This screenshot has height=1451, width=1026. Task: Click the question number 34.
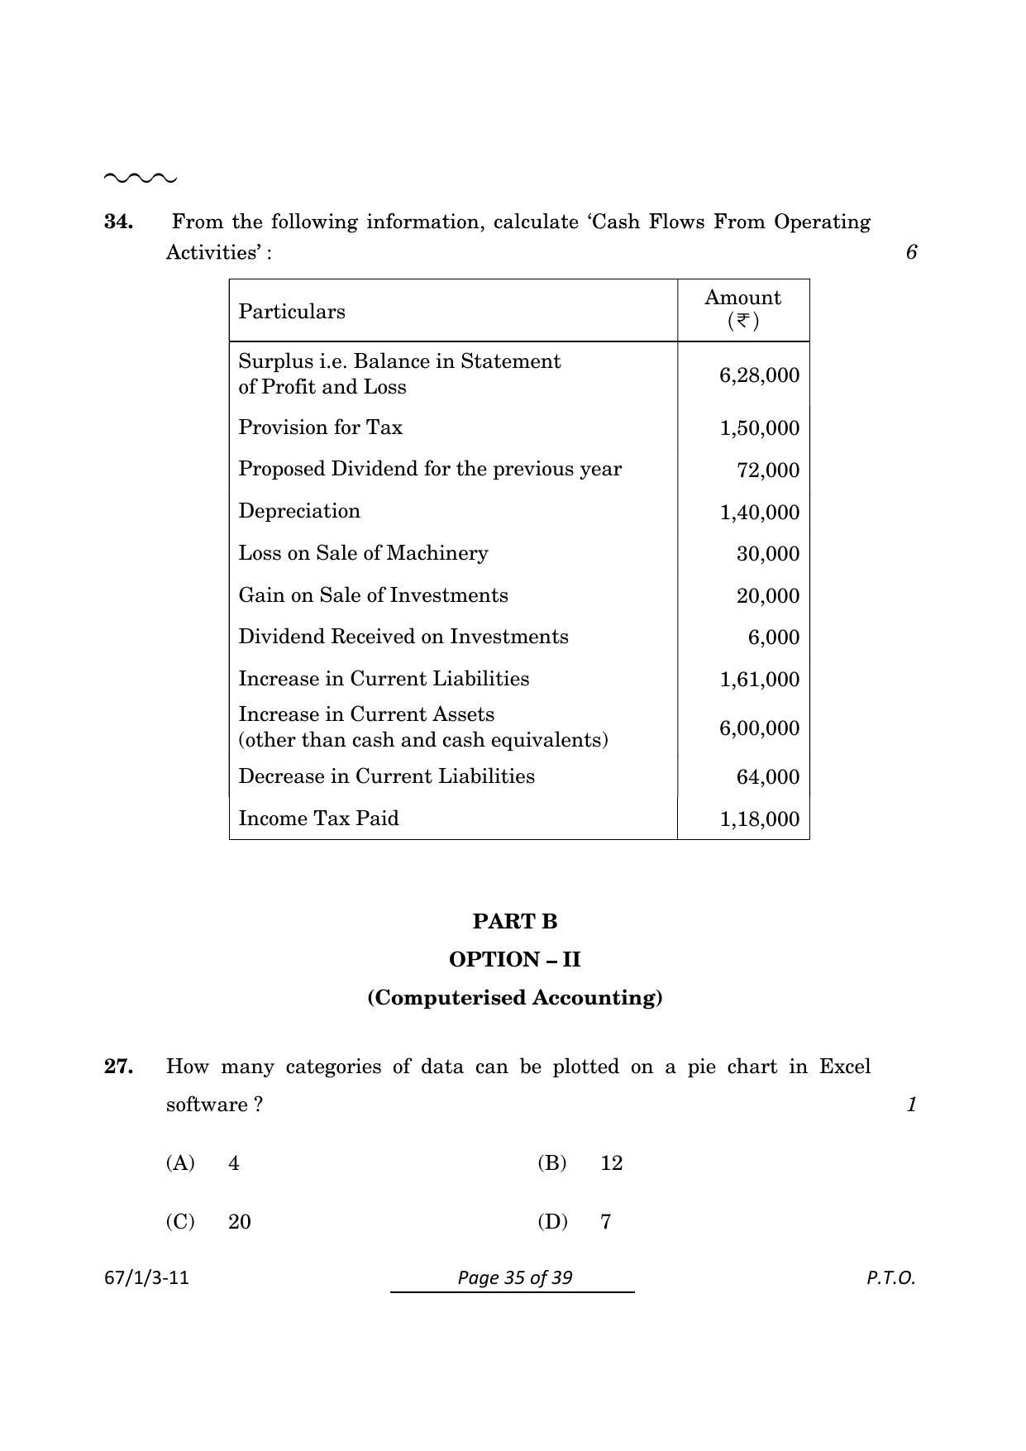point(118,222)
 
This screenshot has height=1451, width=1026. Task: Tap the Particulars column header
point(292,312)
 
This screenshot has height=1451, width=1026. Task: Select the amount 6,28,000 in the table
point(759,375)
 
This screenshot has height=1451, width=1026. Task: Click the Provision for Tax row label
point(320,427)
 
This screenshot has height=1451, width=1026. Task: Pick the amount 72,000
point(768,470)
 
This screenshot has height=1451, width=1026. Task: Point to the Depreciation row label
point(299,511)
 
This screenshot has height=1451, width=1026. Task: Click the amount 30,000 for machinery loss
point(768,554)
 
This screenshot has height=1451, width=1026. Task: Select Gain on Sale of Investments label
point(373,595)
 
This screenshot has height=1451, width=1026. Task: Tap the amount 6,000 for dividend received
point(774,637)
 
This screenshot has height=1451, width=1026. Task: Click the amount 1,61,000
point(759,680)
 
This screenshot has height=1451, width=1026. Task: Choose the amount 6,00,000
point(759,728)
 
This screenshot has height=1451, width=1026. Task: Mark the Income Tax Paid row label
point(318,819)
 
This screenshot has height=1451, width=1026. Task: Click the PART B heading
point(515,921)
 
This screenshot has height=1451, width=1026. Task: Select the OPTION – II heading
point(515,959)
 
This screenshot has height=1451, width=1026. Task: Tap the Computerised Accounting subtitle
point(515,997)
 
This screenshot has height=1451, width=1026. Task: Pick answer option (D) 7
point(575,1222)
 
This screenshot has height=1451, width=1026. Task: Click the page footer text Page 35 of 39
point(515,1277)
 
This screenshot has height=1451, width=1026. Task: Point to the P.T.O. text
point(890,1277)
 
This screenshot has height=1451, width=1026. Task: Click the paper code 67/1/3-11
point(147,1277)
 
